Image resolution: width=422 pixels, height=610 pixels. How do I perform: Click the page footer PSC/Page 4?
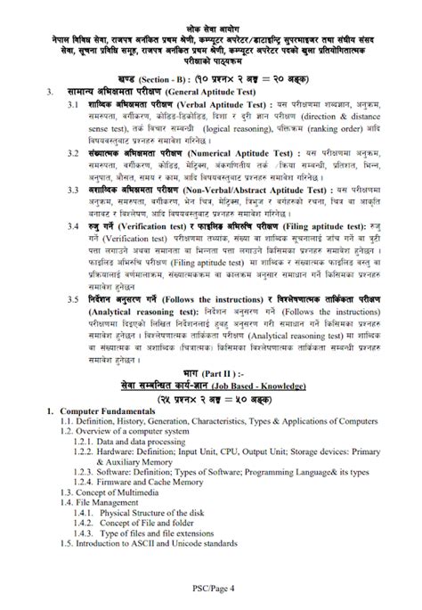coord(210,588)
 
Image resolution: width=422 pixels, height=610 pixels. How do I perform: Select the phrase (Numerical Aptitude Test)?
coord(232,153)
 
